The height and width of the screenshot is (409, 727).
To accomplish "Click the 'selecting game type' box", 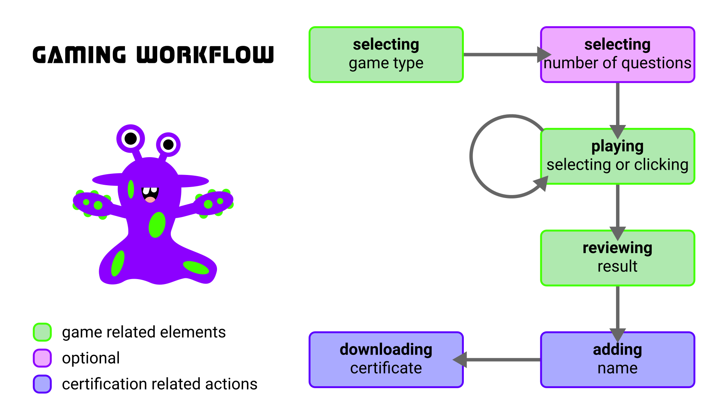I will tap(386, 55).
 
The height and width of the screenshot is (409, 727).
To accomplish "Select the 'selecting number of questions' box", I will tap(617, 55).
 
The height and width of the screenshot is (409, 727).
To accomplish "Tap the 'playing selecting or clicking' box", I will tap(617, 156).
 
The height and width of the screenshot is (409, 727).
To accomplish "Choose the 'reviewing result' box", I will tap(617, 258).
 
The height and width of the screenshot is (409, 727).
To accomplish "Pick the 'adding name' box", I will tap(617, 360).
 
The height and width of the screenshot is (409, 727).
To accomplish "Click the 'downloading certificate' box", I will tap(386, 360).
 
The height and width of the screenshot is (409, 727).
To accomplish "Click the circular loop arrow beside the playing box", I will tap(472, 156).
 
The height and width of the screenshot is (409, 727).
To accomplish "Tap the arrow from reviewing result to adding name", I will tap(618, 309).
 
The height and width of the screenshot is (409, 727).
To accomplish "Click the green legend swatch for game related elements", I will tap(42, 332).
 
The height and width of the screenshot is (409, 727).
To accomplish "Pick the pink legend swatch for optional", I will tap(42, 358).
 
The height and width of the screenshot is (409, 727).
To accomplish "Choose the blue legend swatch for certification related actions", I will tap(42, 384).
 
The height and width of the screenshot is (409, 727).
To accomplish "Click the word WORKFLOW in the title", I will tap(205, 55).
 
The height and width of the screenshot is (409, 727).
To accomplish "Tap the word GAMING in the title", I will tap(79, 55).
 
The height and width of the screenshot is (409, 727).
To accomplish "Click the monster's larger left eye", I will tap(131, 138).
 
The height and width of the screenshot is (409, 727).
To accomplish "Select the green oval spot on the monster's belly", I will tap(157, 225).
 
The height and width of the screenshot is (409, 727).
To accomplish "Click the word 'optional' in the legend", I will tap(91, 358).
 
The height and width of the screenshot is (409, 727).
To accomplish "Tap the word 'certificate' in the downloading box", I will tap(386, 368).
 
